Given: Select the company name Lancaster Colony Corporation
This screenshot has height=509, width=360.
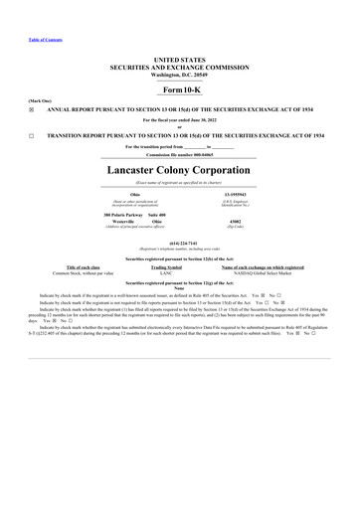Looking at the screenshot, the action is (x=179, y=169).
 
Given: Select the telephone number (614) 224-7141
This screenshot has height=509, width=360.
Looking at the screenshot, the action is (x=179, y=241).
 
